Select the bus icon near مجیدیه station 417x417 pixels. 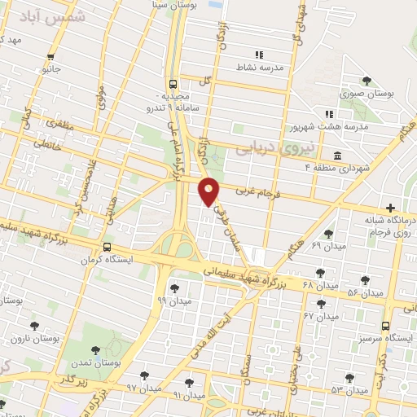tap(173, 84)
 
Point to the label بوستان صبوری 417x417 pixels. tap(374, 94)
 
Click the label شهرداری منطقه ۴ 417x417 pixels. tap(309, 167)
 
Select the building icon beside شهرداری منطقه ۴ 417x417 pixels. tap(338, 155)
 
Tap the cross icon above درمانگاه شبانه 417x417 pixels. tap(392, 208)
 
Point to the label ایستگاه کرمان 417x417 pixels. tap(103, 261)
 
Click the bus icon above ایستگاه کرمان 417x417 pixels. tap(108, 247)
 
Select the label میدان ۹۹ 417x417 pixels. tap(174, 301)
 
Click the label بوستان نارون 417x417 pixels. tap(37, 337)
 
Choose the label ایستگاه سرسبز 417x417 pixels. tap(384, 336)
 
